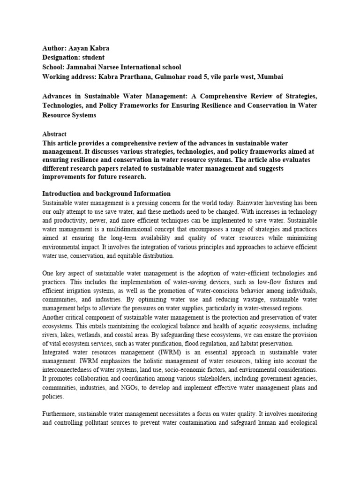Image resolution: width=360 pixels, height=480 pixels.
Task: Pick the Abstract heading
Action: click(54, 134)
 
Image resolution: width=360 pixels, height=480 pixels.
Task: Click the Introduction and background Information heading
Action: click(106, 194)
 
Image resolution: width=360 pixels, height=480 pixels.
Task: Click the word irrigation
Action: click(81, 291)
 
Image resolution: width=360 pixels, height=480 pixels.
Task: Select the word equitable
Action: click(134, 256)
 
